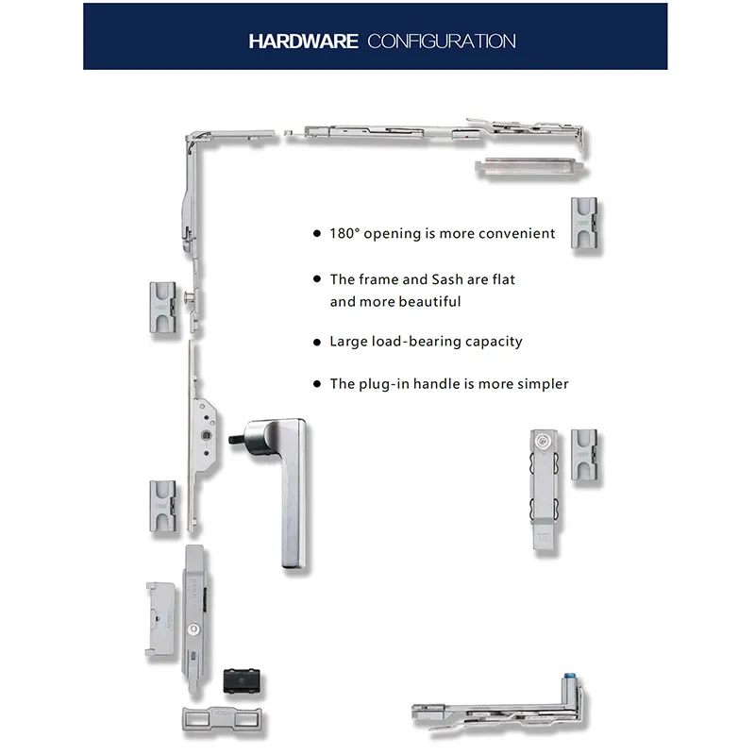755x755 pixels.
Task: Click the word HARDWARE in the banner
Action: pos(303,42)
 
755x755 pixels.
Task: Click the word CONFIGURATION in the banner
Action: pos(442,42)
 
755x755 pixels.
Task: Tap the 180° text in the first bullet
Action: pos(344,233)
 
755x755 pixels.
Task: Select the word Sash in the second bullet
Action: pos(447,279)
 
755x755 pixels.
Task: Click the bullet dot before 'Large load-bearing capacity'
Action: pos(317,343)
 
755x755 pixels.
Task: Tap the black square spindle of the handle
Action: pos(237,439)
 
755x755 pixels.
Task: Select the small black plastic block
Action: pos(242,680)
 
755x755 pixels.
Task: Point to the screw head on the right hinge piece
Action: pos(543,440)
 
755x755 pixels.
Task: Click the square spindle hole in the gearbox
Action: pos(206,435)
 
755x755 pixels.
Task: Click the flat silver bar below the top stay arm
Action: pos(529,167)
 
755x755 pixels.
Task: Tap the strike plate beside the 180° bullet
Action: pos(584,223)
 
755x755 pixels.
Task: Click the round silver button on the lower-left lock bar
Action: pos(193,629)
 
